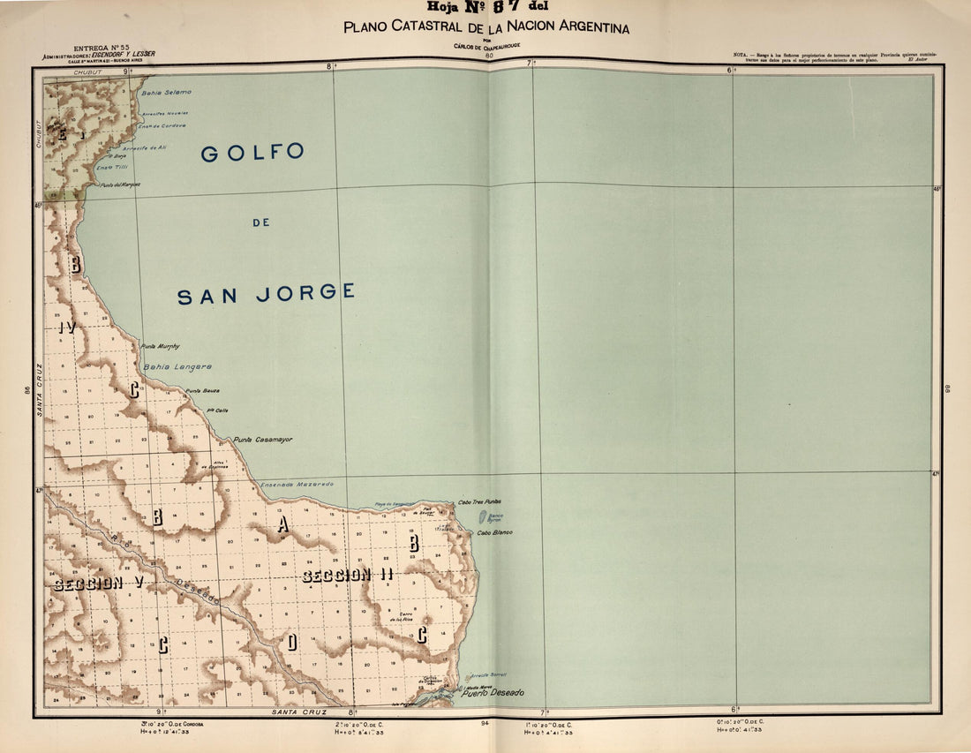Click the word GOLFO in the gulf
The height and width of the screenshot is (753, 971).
tap(252, 153)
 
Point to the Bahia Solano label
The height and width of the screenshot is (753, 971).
tap(166, 92)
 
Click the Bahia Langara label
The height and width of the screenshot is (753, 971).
tap(177, 366)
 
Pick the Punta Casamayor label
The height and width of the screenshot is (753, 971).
tap(263, 439)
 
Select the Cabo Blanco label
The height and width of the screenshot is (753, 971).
tap(495, 533)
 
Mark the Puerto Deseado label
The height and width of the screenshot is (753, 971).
tap(493, 693)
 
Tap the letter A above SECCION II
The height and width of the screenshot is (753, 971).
tap(282, 524)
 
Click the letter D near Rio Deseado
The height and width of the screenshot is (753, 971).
tap(291, 642)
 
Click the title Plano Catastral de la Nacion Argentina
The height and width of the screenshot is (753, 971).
tap(486, 27)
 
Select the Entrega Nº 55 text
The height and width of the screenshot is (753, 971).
tap(102, 47)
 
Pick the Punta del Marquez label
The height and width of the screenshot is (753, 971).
tap(120, 185)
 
